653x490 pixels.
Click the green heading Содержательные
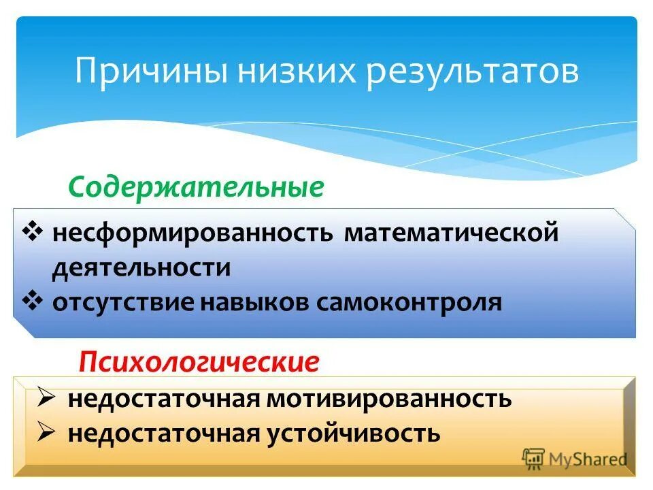[196, 187]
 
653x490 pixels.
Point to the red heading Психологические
[199, 361]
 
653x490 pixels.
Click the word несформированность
[192, 233]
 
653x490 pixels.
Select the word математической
[451, 233]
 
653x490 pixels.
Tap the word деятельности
[141, 267]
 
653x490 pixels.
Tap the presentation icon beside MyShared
[535, 457]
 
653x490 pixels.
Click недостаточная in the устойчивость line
[162, 432]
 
